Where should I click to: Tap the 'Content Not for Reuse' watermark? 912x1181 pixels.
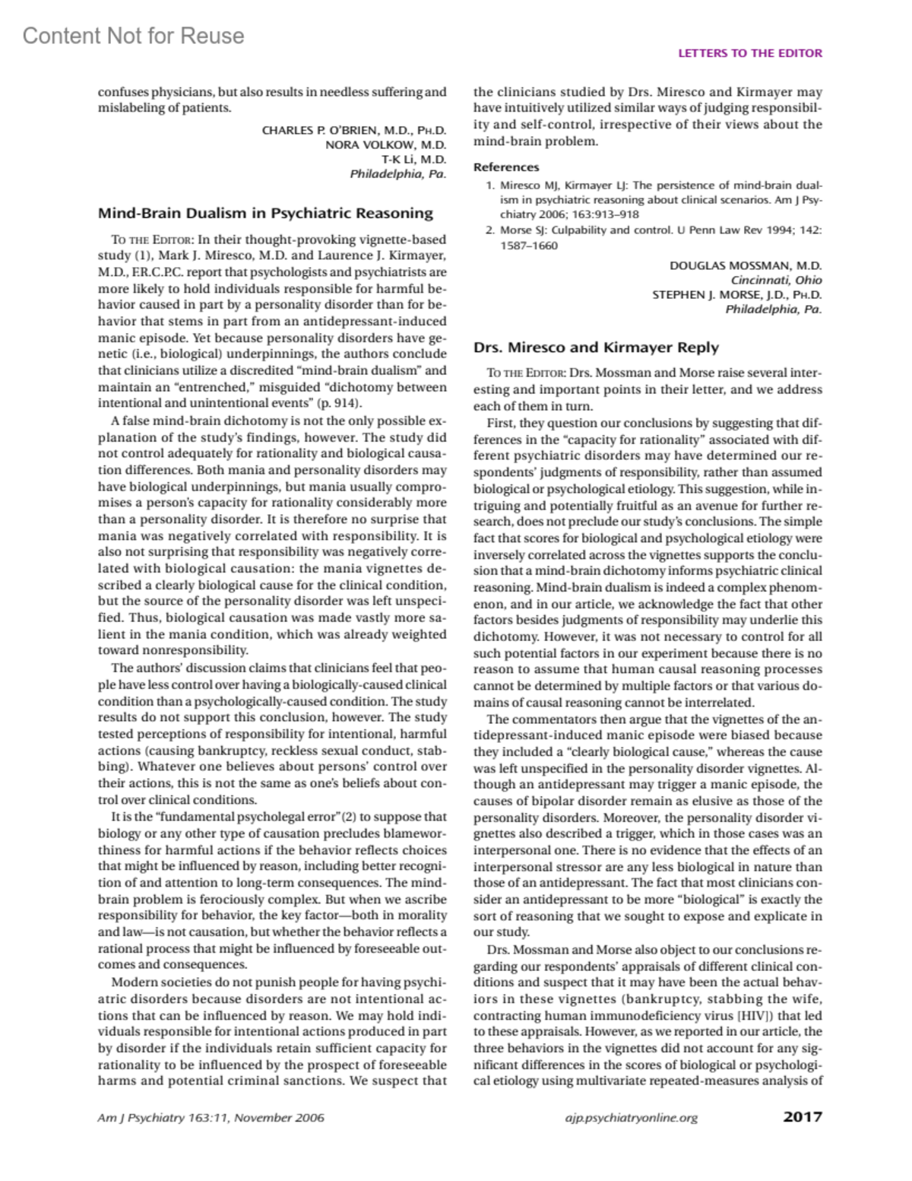[x=133, y=36]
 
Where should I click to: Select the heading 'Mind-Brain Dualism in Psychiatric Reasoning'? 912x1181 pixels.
[x=265, y=213]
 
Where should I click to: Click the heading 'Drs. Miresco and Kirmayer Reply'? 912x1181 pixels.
[x=596, y=348]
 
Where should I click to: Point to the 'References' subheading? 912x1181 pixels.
[x=506, y=167]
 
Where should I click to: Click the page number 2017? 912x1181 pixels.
[x=802, y=1117]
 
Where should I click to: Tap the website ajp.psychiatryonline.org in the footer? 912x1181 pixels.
[x=632, y=1118]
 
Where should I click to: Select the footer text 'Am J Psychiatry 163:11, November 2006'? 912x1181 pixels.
[x=211, y=1118]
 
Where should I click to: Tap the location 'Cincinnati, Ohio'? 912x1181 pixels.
[x=776, y=280]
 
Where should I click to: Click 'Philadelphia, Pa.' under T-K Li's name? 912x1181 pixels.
[x=397, y=173]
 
